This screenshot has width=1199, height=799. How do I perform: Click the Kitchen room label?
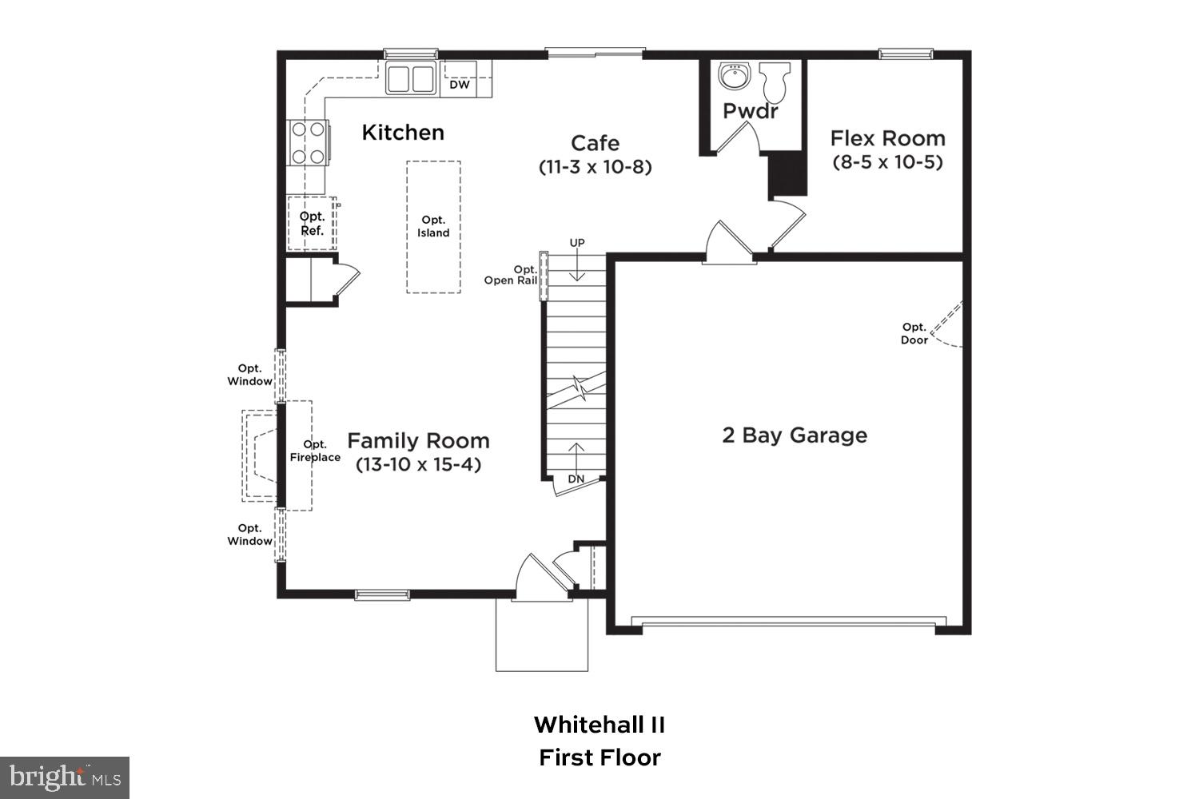[x=403, y=133]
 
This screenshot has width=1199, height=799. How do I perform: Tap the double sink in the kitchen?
[x=411, y=79]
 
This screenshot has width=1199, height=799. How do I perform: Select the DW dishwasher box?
[x=460, y=84]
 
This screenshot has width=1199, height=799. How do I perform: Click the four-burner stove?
[x=308, y=142]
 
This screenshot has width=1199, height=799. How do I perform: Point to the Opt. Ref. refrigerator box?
[x=312, y=223]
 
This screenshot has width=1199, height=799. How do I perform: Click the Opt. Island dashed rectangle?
[x=433, y=227]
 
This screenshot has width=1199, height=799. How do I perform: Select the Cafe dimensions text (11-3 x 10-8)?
[x=595, y=167]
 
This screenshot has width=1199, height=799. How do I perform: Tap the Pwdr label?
[x=750, y=111]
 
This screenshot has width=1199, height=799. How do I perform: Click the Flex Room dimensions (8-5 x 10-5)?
[x=887, y=162]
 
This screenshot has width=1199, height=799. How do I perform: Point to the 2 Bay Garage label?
[x=795, y=435]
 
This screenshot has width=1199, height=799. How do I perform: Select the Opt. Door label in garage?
[x=914, y=333]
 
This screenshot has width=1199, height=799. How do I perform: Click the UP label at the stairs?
[x=577, y=243]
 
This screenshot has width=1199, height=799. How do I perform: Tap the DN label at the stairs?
[x=576, y=479]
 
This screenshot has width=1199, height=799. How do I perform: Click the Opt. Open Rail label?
[x=511, y=275]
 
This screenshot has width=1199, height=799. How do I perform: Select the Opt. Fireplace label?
[x=315, y=451]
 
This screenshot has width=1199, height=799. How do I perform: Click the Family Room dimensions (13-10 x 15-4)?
[x=418, y=464]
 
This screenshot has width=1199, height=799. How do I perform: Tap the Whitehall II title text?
[x=599, y=725]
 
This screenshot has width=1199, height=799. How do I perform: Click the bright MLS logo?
[x=64, y=777]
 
